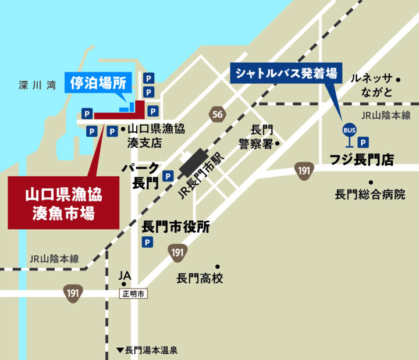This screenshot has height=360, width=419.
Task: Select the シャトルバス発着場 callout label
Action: click(x=287, y=74)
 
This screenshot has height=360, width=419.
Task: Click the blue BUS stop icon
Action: click(x=349, y=131)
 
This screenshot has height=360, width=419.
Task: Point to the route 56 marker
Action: click(x=218, y=115)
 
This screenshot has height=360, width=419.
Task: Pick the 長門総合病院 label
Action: click(x=370, y=194)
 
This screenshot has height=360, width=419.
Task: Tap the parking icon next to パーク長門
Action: click(x=168, y=175)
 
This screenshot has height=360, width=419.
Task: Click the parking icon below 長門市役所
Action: click(x=148, y=242)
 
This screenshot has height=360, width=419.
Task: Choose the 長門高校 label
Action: click(x=200, y=279)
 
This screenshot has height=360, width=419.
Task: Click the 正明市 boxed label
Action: click(x=133, y=294)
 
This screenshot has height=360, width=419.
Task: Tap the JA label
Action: click(x=125, y=275)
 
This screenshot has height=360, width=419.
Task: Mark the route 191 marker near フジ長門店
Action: click(x=304, y=170)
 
